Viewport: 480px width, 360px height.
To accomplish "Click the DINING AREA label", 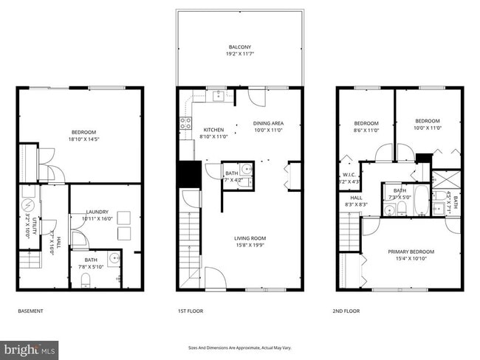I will click(x=268, y=123).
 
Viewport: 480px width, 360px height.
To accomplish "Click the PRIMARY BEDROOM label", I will click(x=411, y=252).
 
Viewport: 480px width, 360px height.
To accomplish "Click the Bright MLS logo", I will click(x=30, y=347).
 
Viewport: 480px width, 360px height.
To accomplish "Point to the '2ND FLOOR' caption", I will click(x=346, y=311).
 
